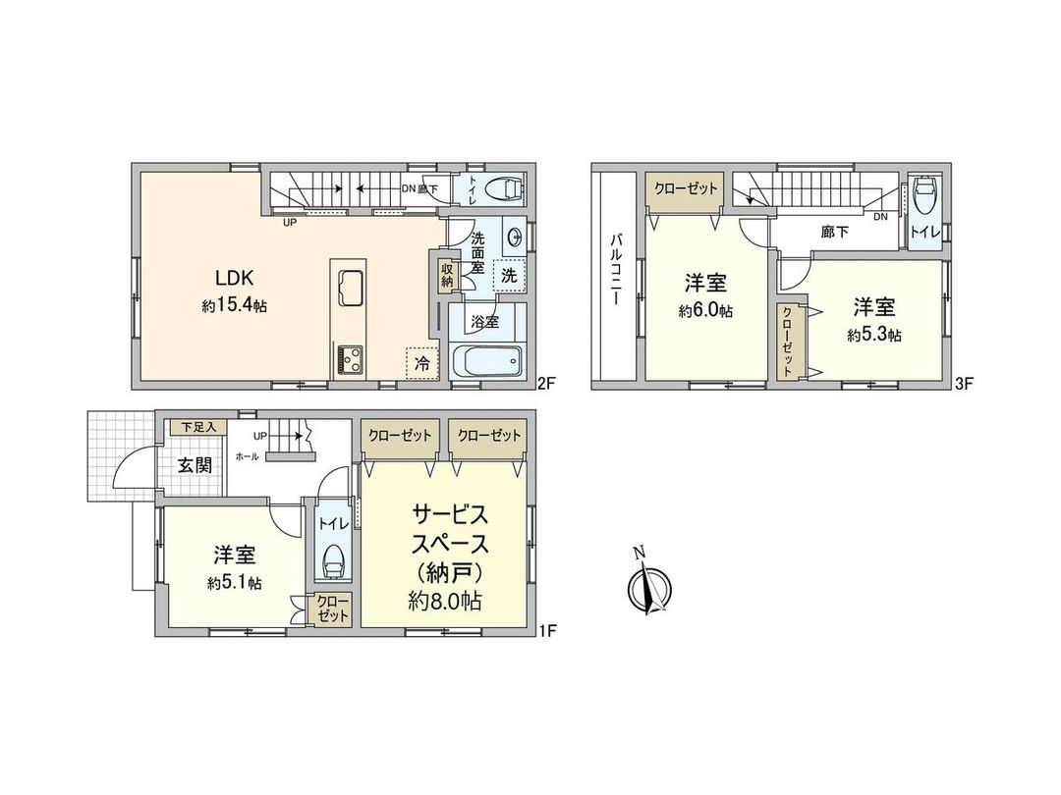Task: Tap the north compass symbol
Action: click(647, 588)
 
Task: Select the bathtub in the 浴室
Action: click(486, 361)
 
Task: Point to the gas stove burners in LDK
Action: click(351, 359)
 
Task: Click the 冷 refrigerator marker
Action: click(420, 361)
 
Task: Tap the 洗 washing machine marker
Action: click(508, 276)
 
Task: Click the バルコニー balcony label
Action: click(616, 271)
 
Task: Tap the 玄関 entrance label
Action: click(195, 465)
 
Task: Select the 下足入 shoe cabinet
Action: click(197, 428)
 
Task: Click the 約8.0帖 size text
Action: click(444, 602)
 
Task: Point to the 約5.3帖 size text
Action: click(874, 335)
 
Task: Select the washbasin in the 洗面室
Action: click(516, 237)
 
